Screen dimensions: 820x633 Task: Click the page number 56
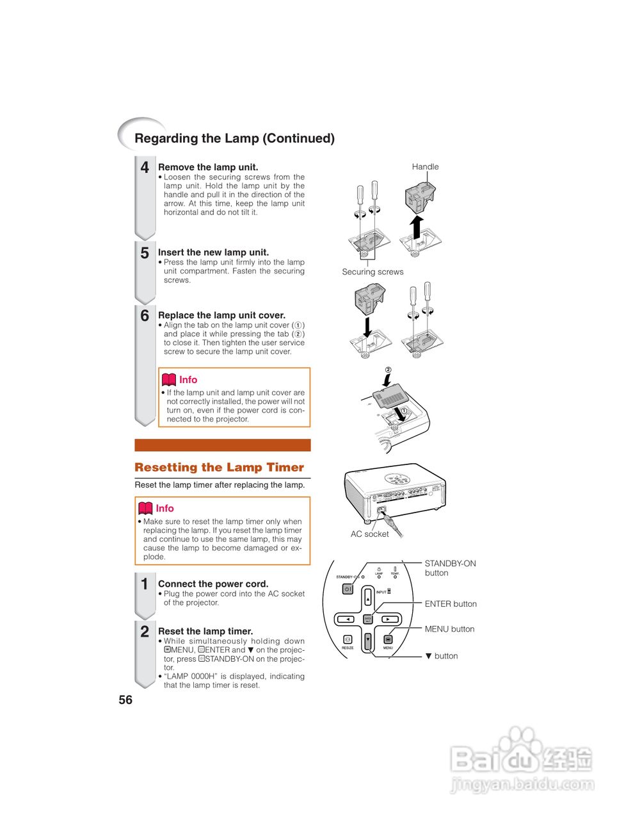click(x=125, y=700)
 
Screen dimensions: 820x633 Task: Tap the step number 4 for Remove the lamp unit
click(x=145, y=168)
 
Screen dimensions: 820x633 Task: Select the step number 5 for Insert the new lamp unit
click(x=145, y=253)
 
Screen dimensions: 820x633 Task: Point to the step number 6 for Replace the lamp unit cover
click(x=145, y=316)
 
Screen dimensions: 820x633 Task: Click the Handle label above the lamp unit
click(x=425, y=167)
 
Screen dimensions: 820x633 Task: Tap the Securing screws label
click(x=373, y=272)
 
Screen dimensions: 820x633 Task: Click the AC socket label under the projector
click(x=369, y=534)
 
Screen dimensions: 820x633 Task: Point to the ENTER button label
click(x=451, y=603)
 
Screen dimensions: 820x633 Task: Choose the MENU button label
click(x=449, y=629)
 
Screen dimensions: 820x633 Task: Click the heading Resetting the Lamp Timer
click(x=219, y=468)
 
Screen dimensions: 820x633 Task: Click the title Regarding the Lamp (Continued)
click(x=234, y=138)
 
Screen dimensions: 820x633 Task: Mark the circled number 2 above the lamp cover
click(x=387, y=370)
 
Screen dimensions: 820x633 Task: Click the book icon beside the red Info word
click(x=168, y=380)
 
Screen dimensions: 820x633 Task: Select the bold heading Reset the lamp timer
click(x=205, y=631)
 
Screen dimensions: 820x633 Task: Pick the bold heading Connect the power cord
click(x=213, y=584)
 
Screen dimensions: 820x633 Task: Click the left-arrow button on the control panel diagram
click(x=346, y=619)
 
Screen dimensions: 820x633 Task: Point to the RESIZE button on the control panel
click(x=348, y=640)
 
